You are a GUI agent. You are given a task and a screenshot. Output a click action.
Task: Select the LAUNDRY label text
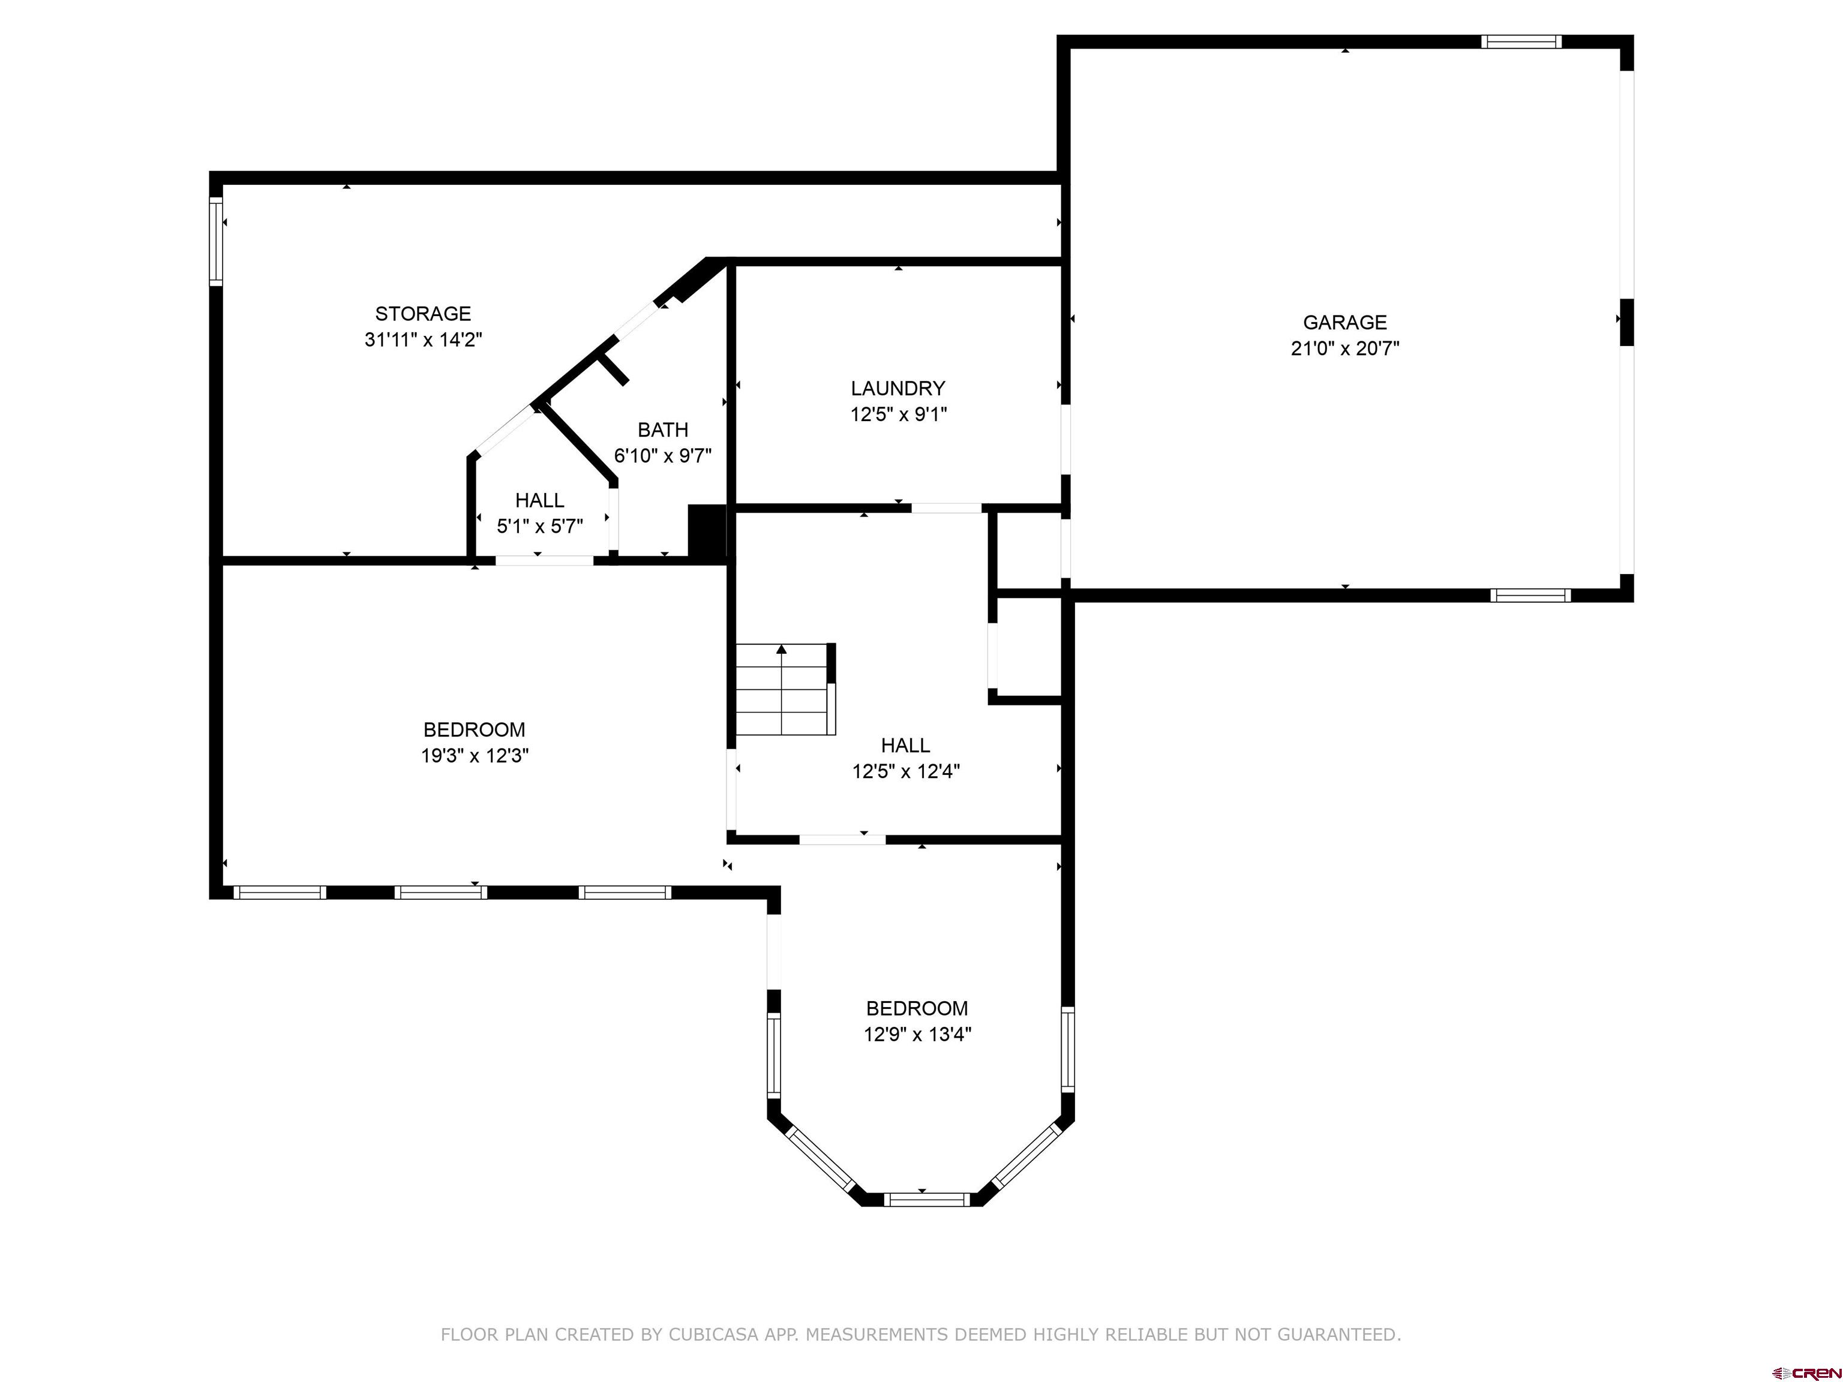[898, 388]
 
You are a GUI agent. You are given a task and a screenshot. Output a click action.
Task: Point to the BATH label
[662, 430]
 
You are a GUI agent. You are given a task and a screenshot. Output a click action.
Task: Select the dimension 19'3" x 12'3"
[474, 756]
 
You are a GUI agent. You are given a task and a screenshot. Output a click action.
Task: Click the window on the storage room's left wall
[216, 242]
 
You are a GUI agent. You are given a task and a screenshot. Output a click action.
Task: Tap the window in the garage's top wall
[1521, 41]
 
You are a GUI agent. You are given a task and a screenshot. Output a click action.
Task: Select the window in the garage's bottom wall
[1530, 596]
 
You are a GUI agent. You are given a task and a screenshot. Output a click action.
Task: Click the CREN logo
[1806, 1372]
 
